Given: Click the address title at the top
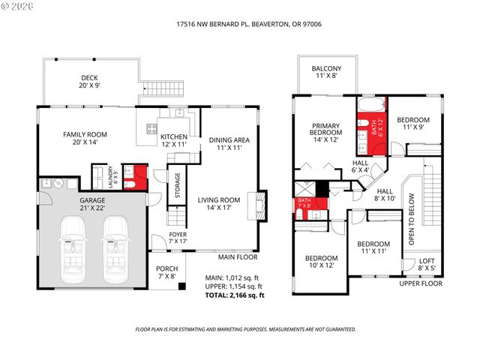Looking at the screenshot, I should pyautogui.click(x=239, y=23).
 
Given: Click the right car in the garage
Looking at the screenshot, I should pyautogui.click(x=115, y=241).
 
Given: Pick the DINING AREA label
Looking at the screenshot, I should pyautogui.click(x=229, y=143).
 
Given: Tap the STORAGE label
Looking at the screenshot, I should pyautogui.click(x=177, y=184).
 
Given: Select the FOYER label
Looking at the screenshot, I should pyautogui.click(x=178, y=238).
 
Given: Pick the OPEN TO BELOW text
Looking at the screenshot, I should pyautogui.click(x=411, y=219).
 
